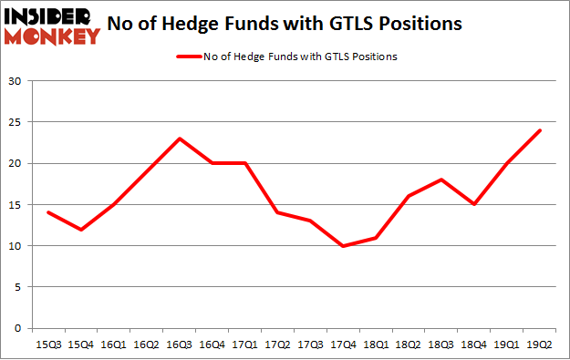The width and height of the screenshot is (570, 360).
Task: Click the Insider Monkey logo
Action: pyautogui.click(x=51, y=25)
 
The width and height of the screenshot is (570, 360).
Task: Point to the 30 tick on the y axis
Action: pyautogui.click(x=16, y=81)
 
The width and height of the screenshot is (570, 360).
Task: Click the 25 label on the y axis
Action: pyautogui.click(x=16, y=122)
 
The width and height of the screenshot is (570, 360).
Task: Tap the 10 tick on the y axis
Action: pyautogui.click(x=16, y=246)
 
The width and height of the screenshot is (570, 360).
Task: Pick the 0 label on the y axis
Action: pyautogui.click(x=18, y=328)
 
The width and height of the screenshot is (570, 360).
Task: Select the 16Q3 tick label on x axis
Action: pyautogui.click(x=181, y=344)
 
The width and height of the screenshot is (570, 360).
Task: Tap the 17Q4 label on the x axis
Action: pyautogui.click(x=344, y=344)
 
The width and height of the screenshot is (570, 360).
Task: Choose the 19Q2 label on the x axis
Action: pyautogui.click(x=540, y=344)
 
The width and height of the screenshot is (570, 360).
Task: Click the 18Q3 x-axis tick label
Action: pyautogui.click(x=442, y=344)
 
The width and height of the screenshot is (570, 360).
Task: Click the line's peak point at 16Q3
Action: pyautogui.click(x=181, y=139)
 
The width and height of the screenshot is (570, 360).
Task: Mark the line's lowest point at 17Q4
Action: pyautogui.click(x=344, y=245)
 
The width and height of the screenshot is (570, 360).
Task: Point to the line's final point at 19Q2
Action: pyautogui.click(x=540, y=130)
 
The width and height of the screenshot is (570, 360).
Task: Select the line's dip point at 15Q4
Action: pyautogui.click(x=82, y=229)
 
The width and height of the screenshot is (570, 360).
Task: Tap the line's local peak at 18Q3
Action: pyautogui.click(x=442, y=180)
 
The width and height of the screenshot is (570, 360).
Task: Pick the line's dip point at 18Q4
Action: pyautogui.click(x=475, y=204)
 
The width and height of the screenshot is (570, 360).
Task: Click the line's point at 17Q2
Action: pyautogui.click(x=278, y=212)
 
